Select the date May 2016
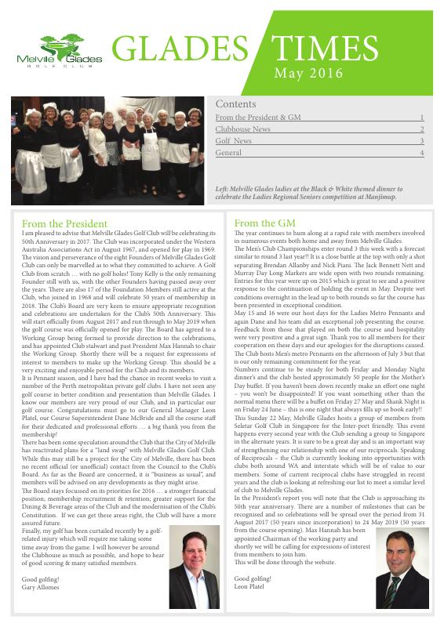pyautogui.click(x=308, y=74)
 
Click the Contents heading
pyautogui.click(x=235, y=104)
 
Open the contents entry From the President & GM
pyautogui.click(x=258, y=118)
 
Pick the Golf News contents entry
pyautogui.click(x=234, y=141)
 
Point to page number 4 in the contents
pyautogui.click(x=421, y=153)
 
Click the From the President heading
pyautogui.click(x=64, y=223)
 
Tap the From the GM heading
pyautogui.click(x=264, y=223)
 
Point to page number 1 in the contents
pyautogui.click(x=421, y=118)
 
